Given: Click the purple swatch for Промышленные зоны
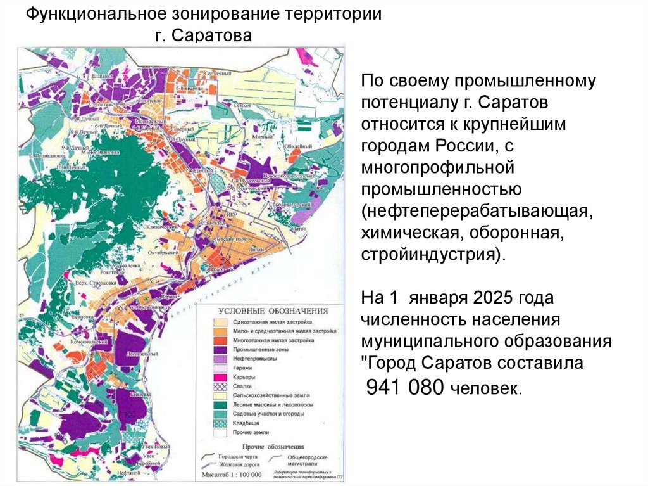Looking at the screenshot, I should [x=221, y=349].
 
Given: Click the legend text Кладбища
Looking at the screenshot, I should [x=248, y=421].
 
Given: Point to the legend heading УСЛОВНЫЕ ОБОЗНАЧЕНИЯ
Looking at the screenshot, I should [x=273, y=311].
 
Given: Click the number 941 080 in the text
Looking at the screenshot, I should [x=406, y=388].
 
